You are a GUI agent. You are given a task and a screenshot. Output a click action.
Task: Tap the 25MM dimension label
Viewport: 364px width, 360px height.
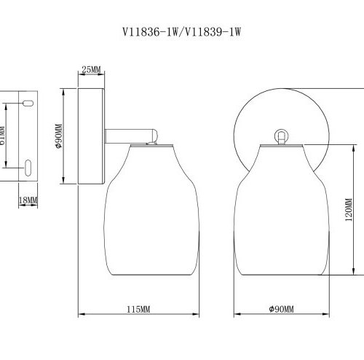91,70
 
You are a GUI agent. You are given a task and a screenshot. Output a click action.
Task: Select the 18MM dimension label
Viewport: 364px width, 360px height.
27,200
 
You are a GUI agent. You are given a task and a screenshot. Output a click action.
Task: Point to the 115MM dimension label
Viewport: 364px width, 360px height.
138,310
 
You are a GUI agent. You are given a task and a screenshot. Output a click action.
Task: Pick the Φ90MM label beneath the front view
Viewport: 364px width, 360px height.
281,310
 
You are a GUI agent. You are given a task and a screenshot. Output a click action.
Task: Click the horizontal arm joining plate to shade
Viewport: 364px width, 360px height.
131,136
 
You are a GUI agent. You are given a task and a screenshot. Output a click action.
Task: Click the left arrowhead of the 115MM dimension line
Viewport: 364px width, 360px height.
80,316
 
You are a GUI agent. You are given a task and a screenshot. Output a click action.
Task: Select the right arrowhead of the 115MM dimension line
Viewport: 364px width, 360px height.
199,316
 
